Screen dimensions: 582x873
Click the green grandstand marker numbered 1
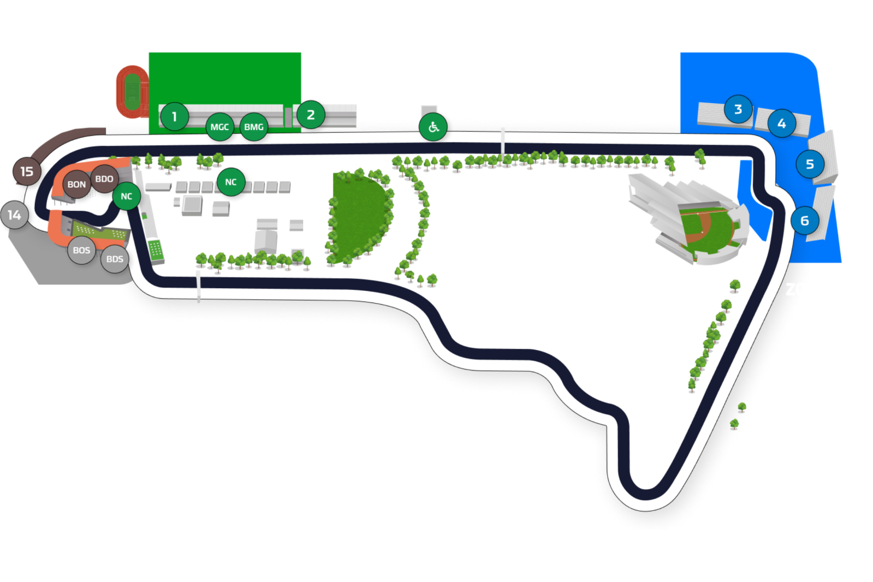(x=174, y=116)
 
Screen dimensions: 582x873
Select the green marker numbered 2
(x=311, y=115)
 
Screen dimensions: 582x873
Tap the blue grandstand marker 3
(x=738, y=109)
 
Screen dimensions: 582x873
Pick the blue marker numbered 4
(x=781, y=123)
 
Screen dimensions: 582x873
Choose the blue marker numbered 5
(x=810, y=164)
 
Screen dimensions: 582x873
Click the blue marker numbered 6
(x=804, y=221)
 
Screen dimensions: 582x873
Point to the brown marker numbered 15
(x=27, y=171)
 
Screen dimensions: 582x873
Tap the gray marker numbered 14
(x=15, y=215)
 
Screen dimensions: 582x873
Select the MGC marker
(x=219, y=127)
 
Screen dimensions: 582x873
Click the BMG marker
(x=254, y=127)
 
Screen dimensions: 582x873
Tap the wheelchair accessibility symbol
(x=433, y=127)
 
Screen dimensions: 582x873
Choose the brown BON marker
(x=76, y=185)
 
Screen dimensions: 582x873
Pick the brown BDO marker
(x=104, y=179)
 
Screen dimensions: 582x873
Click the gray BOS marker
(x=81, y=250)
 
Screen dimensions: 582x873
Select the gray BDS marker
(x=115, y=259)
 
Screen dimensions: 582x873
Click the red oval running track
(x=132, y=91)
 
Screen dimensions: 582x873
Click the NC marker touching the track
(x=127, y=196)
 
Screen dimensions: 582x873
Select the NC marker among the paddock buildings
(x=231, y=182)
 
